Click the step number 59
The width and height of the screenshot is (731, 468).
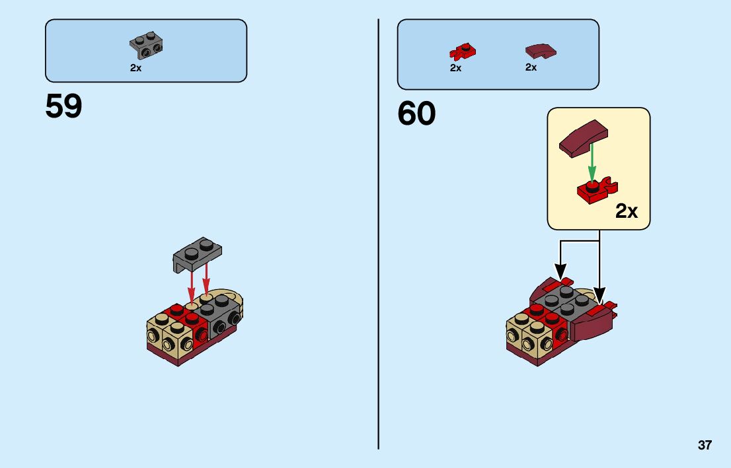tap(63, 106)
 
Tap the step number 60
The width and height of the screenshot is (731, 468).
tap(416, 114)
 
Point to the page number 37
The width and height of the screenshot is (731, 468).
tap(705, 445)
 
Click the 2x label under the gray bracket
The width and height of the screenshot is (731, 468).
tap(135, 68)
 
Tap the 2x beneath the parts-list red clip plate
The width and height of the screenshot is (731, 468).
tap(455, 67)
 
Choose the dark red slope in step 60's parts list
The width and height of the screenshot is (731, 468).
tap(540, 50)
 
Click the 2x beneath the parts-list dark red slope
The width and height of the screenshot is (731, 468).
tap(531, 67)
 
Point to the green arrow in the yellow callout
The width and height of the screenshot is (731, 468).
tap(592, 162)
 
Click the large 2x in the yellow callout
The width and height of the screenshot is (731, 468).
tap(626, 211)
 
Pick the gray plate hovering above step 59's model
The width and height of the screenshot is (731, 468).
tap(197, 253)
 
